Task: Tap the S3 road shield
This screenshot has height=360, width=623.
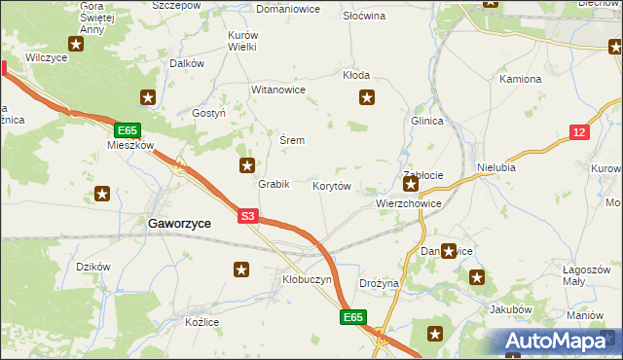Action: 247,217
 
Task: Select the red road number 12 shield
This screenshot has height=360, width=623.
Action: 579,132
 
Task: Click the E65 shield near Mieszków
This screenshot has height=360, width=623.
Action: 128,129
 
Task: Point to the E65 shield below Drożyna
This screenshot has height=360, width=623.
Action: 353,317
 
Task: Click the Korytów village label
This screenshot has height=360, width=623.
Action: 331,185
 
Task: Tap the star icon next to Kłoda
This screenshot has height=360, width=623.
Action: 367,96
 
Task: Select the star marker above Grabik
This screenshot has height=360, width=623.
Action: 247,165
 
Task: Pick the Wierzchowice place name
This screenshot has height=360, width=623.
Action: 409,204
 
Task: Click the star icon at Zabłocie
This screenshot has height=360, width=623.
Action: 412,184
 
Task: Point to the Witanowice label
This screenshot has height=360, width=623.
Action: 278,90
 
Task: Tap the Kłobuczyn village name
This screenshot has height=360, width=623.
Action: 307,279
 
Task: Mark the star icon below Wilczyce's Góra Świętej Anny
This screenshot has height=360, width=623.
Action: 76,44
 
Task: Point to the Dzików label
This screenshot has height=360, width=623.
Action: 93,267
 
